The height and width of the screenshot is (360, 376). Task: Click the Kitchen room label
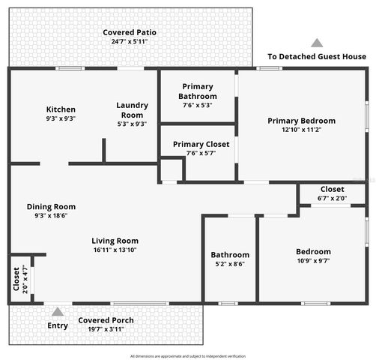point(61,109)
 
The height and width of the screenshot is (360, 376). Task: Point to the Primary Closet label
point(201,144)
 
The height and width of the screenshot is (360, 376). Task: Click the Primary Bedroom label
point(301,121)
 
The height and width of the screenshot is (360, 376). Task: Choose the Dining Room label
point(51,207)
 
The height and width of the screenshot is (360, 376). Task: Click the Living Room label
point(115,241)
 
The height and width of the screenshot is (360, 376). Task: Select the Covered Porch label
point(106,320)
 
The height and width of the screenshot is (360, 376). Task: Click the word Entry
point(58,325)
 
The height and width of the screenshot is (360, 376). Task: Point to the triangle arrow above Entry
point(58,311)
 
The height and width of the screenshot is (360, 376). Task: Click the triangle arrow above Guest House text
point(317,43)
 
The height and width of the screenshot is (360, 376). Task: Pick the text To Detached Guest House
point(317,56)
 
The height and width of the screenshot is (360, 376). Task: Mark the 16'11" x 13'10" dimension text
point(115,250)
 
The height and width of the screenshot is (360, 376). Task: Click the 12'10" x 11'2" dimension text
point(301,130)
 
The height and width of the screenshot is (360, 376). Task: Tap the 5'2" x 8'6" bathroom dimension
point(229,264)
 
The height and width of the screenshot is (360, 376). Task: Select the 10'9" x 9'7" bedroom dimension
point(312,261)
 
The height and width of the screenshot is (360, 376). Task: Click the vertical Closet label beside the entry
point(16,279)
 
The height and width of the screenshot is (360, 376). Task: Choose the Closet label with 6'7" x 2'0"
point(332,189)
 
